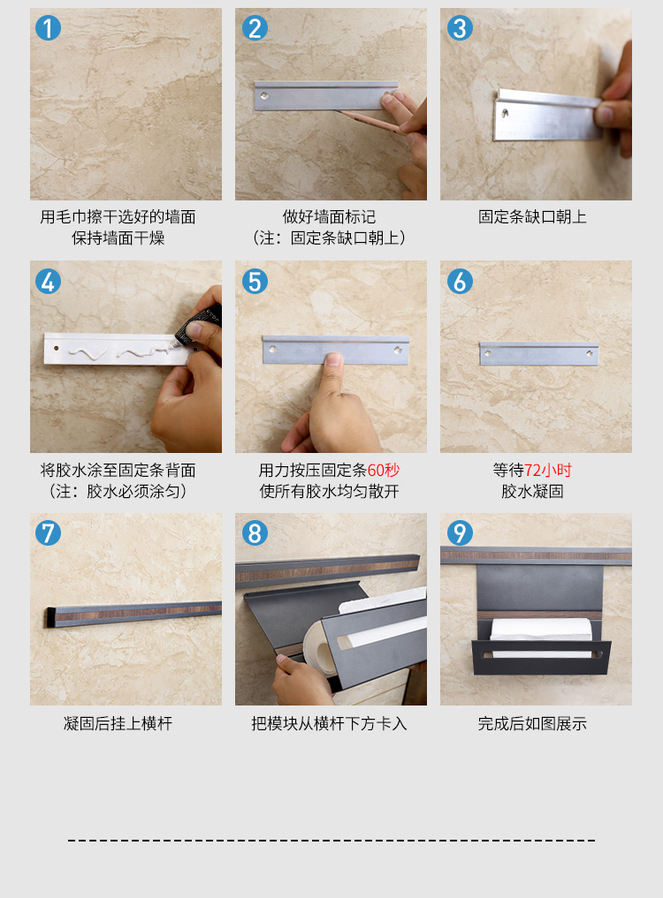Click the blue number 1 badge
48,28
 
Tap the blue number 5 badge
255,281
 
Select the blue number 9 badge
460,533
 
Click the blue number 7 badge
48,533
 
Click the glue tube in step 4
198,326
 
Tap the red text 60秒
383,470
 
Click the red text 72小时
548,470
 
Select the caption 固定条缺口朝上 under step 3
532,217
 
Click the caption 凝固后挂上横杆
118,723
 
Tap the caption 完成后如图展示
532,723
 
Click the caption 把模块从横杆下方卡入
329,723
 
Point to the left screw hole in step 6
487,353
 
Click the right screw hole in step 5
398,349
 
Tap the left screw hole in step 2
264,95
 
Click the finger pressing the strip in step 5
331,378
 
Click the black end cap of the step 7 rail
50,617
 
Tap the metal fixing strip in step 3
546,115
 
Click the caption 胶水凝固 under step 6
532,491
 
